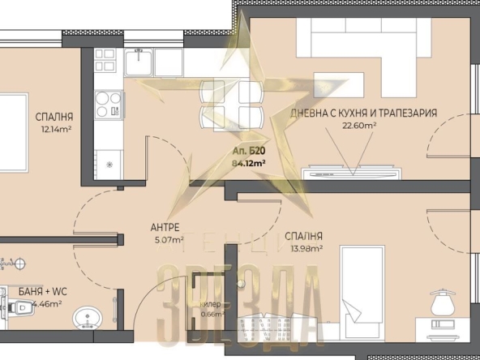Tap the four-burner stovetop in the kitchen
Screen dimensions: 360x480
(107, 104)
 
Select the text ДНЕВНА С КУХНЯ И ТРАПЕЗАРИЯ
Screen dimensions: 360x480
(364, 114)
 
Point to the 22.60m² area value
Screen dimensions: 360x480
(358, 126)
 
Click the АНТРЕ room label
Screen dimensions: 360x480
(165, 227)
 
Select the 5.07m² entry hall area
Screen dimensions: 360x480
(167, 239)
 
